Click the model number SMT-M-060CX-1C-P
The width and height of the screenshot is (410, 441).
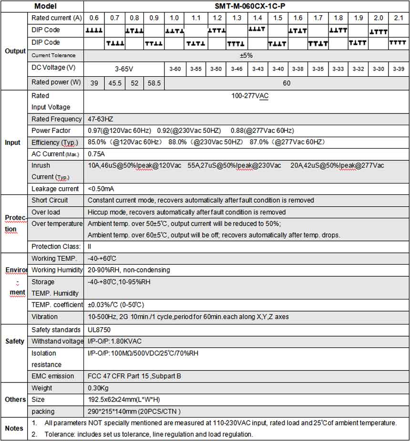tap(246, 6)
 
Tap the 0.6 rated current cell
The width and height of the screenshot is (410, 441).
tap(94, 18)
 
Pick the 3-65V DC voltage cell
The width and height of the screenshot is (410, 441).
tap(124, 69)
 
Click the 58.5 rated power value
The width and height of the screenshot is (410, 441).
tap(154, 83)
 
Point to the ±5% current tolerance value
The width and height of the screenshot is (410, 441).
tap(246, 56)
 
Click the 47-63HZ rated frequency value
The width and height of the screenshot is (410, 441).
tap(101, 119)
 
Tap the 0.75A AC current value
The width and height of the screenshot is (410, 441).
tap(96, 154)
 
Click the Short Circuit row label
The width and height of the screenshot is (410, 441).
tap(50, 200)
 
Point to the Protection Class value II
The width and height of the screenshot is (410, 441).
tap(89, 247)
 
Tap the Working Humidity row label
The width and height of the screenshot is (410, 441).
tap(56, 270)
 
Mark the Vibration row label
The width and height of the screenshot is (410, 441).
tap(44, 317)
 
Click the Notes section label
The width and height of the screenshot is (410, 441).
tap(14, 428)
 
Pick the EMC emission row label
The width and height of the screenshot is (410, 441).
tap(52, 376)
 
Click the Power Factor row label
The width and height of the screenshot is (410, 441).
tap(51, 130)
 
